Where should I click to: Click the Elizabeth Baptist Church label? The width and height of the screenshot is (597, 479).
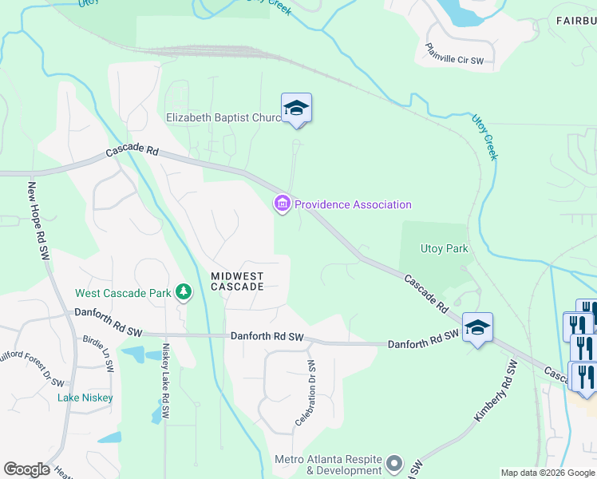point(223,117)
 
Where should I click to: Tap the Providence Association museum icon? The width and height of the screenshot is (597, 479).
point(282,205)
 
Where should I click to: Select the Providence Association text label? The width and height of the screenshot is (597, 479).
point(353,205)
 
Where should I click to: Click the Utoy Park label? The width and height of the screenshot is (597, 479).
point(444,249)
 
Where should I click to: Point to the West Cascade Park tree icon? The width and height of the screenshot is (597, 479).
point(184,293)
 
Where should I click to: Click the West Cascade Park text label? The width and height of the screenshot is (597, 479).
point(123,293)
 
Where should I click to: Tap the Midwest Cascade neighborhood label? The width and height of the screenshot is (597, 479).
point(237,280)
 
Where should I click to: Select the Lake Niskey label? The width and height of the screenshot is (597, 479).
point(85,398)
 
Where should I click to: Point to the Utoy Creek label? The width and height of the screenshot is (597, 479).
point(484,137)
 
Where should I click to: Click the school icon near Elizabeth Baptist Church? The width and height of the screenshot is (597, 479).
point(296,108)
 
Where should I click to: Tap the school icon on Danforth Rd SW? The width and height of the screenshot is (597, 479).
point(477,327)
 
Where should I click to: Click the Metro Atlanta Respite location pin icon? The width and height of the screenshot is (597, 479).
point(393,463)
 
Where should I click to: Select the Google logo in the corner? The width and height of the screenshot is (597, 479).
point(26,469)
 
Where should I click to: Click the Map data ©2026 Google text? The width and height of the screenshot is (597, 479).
point(547,473)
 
